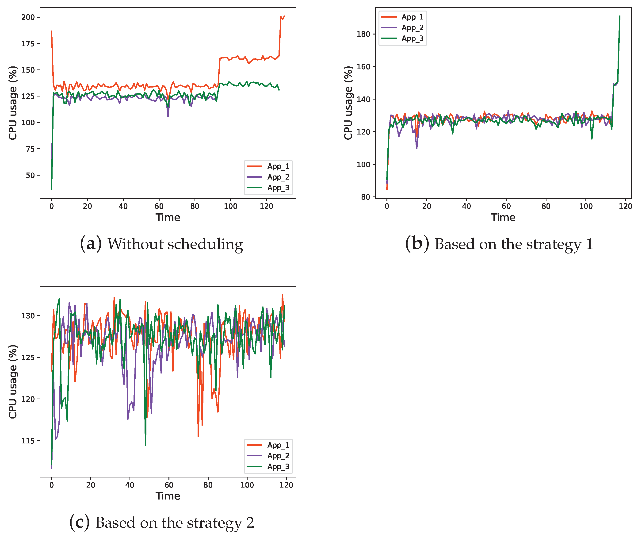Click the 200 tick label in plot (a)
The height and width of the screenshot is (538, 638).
[28, 17]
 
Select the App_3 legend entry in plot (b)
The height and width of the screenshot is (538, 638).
[412, 38]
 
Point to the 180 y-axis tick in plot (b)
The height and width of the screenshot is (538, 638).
[363, 34]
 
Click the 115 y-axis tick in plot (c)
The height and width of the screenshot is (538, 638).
[28, 441]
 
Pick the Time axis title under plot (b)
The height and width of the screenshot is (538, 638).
[503, 217]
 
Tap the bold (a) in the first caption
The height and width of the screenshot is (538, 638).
[91, 244]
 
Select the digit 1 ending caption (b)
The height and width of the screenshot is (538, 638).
[589, 244]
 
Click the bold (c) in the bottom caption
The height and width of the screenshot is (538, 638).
[80, 523]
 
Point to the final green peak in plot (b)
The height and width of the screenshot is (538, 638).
[620, 16]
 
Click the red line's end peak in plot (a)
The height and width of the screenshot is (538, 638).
[284, 16]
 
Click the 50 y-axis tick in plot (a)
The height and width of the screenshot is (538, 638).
[30, 175]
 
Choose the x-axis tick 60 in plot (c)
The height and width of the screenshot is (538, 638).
[169, 485]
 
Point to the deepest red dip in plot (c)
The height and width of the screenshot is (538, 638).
[198, 436]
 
